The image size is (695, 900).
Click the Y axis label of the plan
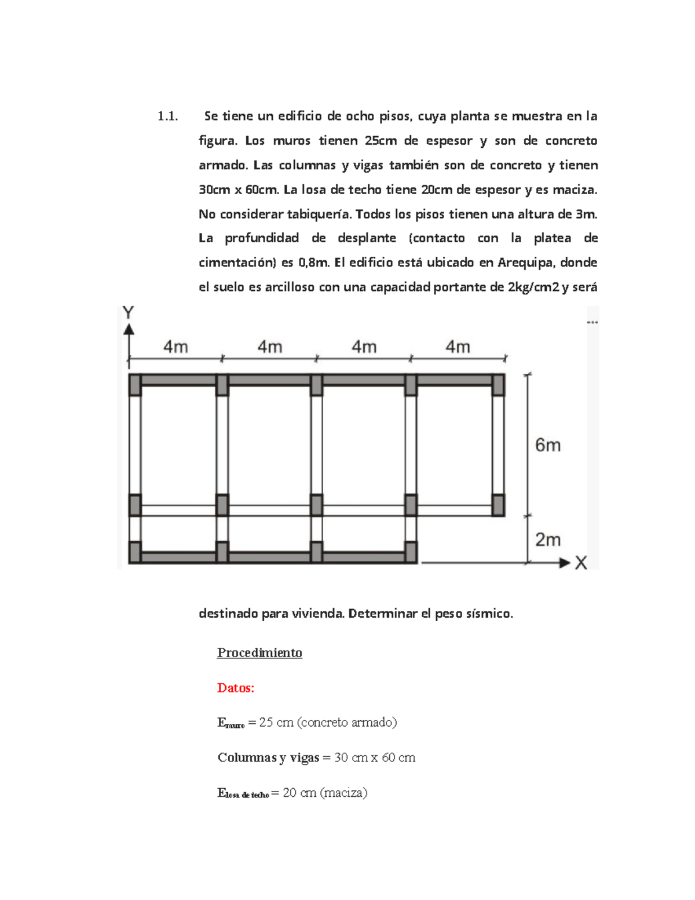tap(129, 313)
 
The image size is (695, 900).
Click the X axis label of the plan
tap(581, 563)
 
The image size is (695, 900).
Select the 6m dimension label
tap(547, 445)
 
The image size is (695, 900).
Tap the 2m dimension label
tap(547, 540)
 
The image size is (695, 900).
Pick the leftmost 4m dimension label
tap(175, 347)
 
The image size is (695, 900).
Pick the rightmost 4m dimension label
tap(458, 347)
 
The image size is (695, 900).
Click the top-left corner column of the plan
tap(135, 385)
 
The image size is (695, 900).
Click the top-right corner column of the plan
tap(498, 385)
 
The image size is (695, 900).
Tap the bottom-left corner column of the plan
tap(135, 552)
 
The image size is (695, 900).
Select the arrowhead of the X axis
tap(565, 563)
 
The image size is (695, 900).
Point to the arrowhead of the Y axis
tap(129, 329)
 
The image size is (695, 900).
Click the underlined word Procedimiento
tap(259, 653)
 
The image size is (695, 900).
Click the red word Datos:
tap(235, 688)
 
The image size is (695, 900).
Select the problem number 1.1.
tap(167, 116)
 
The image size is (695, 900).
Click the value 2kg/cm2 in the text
tap(533, 287)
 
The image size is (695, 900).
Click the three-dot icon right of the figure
tap(592, 322)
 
